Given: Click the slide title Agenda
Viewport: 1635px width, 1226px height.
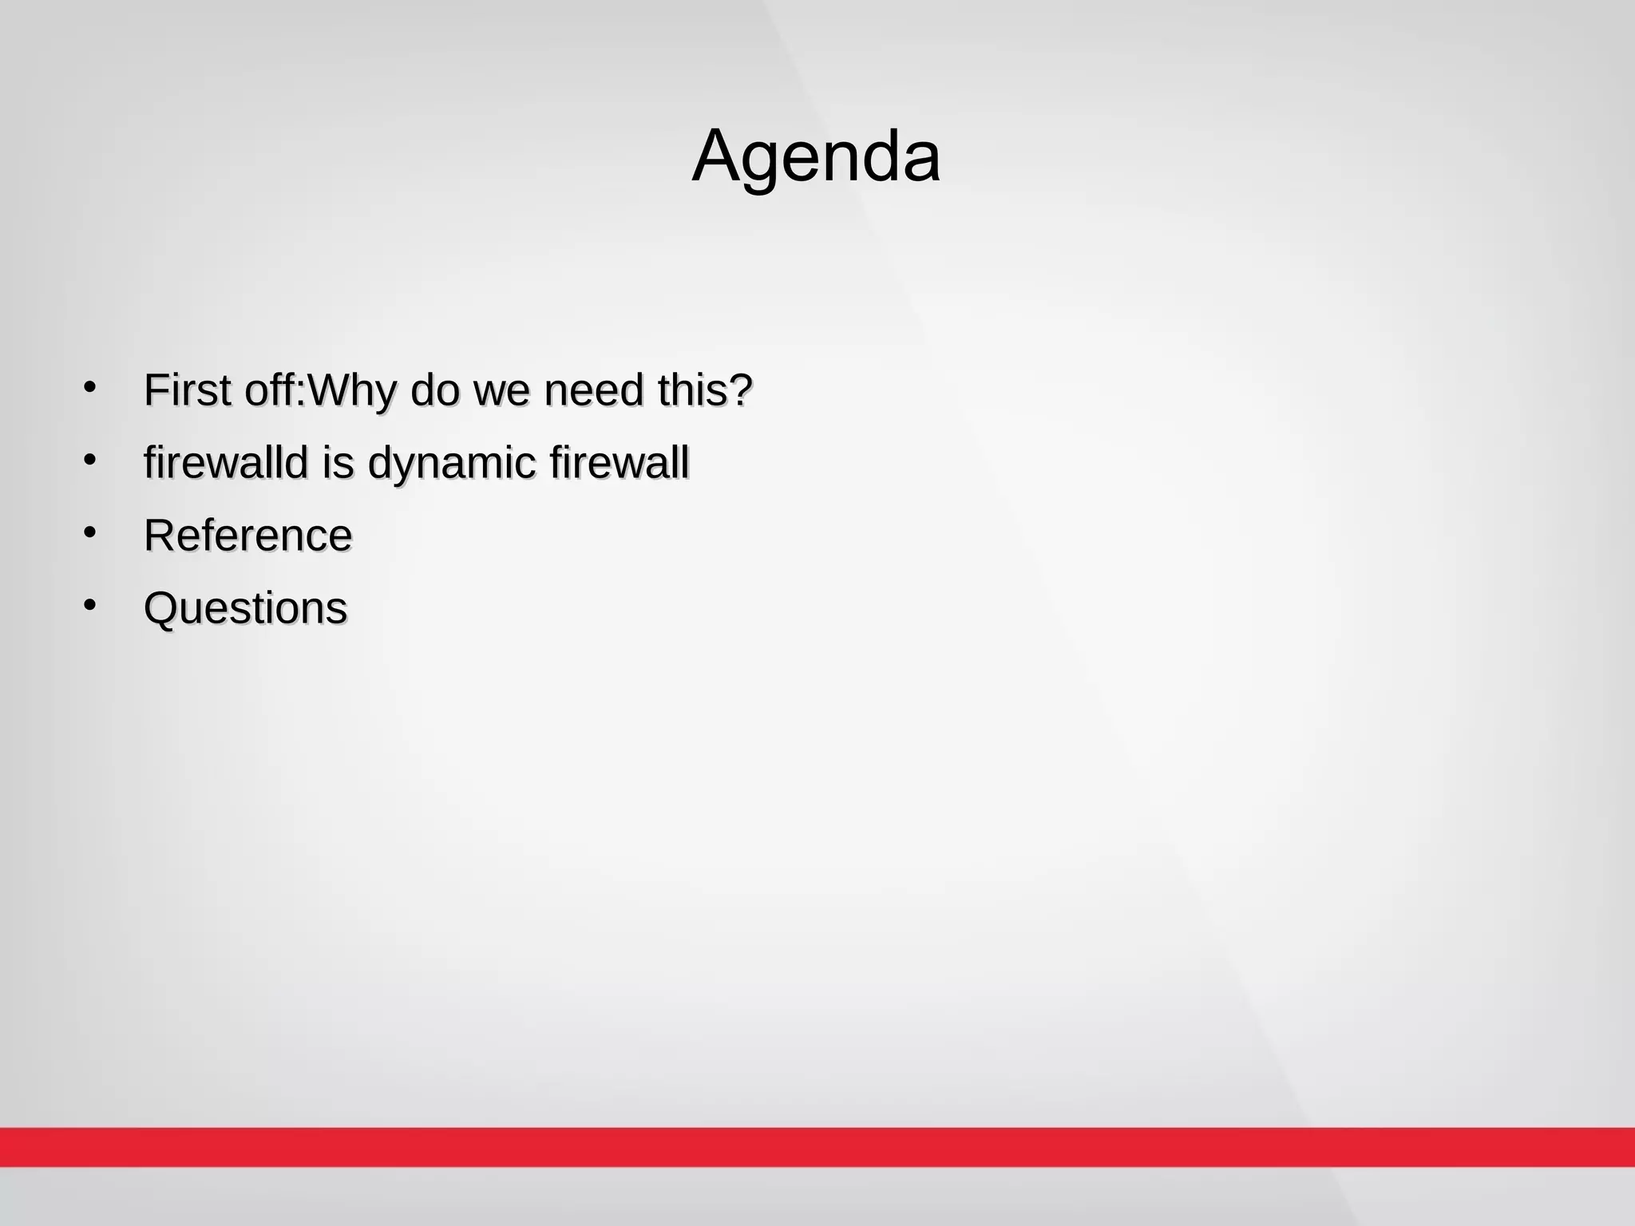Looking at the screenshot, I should pyautogui.click(x=815, y=156).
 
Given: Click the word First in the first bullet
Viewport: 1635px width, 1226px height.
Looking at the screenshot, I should pyautogui.click(x=188, y=390).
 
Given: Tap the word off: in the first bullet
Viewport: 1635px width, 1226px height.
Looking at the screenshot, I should pyautogui.click(x=275, y=390).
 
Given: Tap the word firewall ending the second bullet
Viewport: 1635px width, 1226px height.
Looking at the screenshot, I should pyautogui.click(x=619, y=463).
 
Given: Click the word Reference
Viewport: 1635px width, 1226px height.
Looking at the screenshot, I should pyautogui.click(x=247, y=536).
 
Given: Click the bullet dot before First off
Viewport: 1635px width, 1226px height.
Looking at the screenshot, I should pyautogui.click(x=89, y=388).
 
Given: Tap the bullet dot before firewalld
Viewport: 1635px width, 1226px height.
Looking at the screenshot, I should pyautogui.click(x=89, y=460).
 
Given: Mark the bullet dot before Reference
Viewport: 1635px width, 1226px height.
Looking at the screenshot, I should pyautogui.click(x=89, y=532).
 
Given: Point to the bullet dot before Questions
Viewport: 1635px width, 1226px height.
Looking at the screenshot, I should pyautogui.click(x=89, y=605).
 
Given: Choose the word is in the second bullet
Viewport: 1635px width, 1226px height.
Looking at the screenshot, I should pyautogui.click(x=338, y=463).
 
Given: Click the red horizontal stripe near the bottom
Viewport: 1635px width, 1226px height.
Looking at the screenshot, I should pyautogui.click(x=817, y=1146).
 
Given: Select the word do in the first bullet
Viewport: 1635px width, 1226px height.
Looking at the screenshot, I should pyautogui.click(x=436, y=390).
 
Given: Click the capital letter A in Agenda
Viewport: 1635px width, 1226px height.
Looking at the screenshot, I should pyautogui.click(x=718, y=156).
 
